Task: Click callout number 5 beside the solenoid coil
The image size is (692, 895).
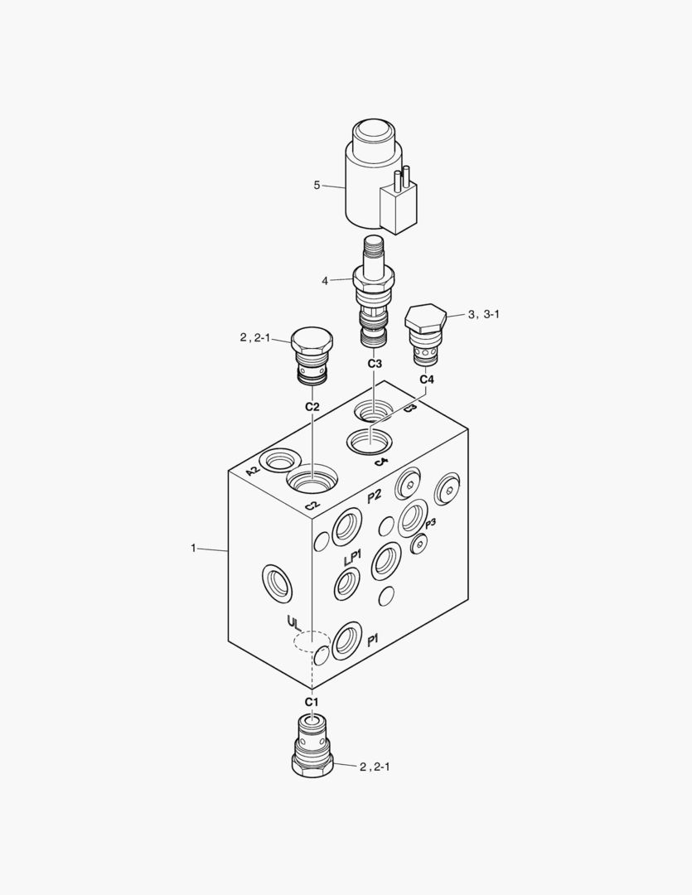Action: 317,185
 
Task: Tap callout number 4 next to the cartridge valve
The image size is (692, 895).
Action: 325,281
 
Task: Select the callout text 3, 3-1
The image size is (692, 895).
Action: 484,314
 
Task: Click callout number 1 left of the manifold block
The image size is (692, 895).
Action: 193,548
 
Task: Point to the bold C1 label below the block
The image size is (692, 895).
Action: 311,702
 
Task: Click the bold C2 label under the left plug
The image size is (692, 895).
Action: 312,407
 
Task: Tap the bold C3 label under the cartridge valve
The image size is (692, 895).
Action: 375,364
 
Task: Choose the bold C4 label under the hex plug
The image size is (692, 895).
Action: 427,380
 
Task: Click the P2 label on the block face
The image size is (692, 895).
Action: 375,496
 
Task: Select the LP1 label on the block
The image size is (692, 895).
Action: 352,559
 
